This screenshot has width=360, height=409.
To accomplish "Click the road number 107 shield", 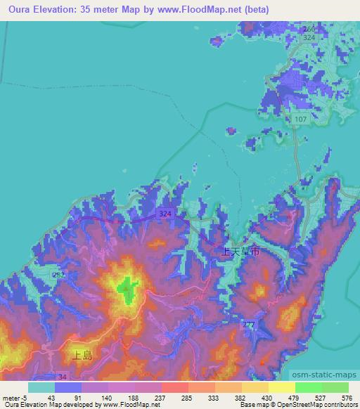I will (x=301, y=119).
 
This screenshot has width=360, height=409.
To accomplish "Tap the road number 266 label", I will (x=309, y=29).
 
